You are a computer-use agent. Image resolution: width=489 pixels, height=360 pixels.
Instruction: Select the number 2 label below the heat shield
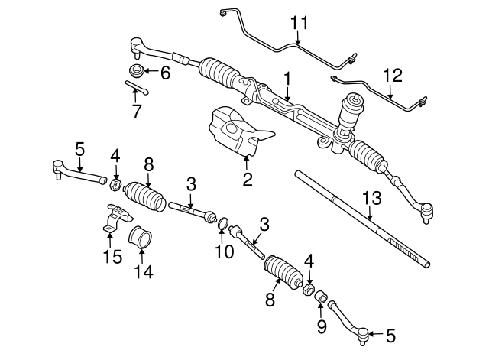pos(247,180)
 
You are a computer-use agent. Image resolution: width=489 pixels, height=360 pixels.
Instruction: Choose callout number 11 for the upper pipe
pos(299,24)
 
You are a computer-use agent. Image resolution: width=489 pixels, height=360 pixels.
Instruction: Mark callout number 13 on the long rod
pos(371,198)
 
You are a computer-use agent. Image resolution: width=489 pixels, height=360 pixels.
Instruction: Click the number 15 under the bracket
pos(112,257)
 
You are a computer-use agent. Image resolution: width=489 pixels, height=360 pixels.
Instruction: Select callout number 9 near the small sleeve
pos(321,326)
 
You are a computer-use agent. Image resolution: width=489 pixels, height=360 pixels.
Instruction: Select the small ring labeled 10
pos(222,224)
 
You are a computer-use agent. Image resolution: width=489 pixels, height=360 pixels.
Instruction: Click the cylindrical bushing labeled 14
pos(141,237)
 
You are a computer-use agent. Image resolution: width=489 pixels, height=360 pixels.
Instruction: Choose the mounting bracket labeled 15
pos(112,224)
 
